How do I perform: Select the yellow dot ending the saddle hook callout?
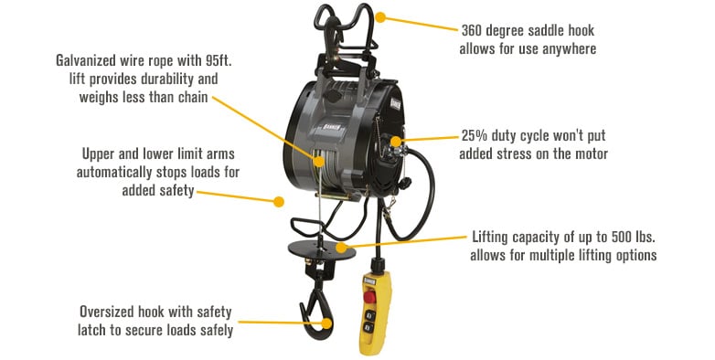point(380,16)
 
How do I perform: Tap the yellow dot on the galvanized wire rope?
point(319,160)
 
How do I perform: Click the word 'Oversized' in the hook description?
point(111,310)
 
